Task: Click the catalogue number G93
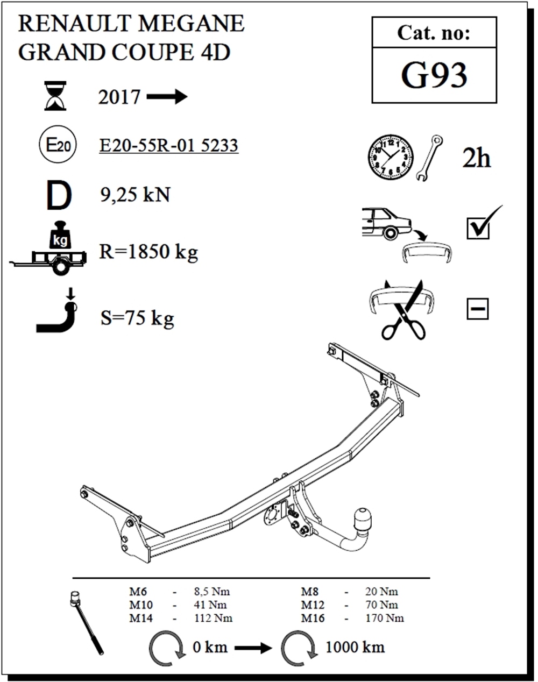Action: (434, 75)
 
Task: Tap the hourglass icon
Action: (55, 96)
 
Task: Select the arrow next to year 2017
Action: (167, 97)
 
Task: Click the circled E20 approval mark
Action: (58, 144)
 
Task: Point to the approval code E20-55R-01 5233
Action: (168, 145)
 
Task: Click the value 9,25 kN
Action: (136, 195)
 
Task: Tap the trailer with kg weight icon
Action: (48, 248)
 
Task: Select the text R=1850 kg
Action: (148, 252)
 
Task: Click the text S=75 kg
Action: (137, 318)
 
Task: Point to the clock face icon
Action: (391, 157)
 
